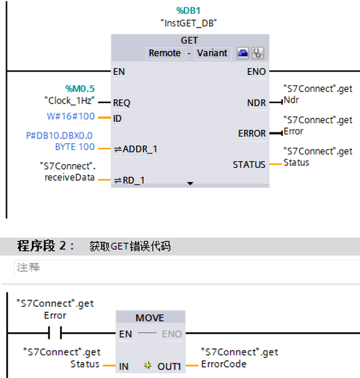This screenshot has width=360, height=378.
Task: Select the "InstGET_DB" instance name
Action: tap(189, 23)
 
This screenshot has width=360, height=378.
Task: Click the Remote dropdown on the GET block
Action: tap(165, 53)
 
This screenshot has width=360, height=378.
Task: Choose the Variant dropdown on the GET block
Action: tap(212, 53)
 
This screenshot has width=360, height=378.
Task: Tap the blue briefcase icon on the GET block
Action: tap(243, 53)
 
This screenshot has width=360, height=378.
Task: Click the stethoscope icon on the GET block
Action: tap(258, 53)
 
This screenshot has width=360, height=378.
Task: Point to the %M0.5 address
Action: tap(80, 89)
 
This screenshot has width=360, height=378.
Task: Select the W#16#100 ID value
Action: tap(71, 116)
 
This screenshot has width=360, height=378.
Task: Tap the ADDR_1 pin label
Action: tap(140, 149)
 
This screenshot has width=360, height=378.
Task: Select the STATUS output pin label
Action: tap(249, 164)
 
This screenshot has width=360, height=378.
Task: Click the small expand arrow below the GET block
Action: tap(190, 183)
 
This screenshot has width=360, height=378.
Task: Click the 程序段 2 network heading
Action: tap(45, 246)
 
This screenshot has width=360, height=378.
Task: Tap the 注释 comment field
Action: tap(28, 268)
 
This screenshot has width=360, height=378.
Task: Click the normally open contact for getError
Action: tap(54, 334)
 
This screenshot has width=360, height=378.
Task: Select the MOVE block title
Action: tap(150, 318)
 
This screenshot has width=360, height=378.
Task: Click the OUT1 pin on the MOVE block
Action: tap(169, 366)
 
